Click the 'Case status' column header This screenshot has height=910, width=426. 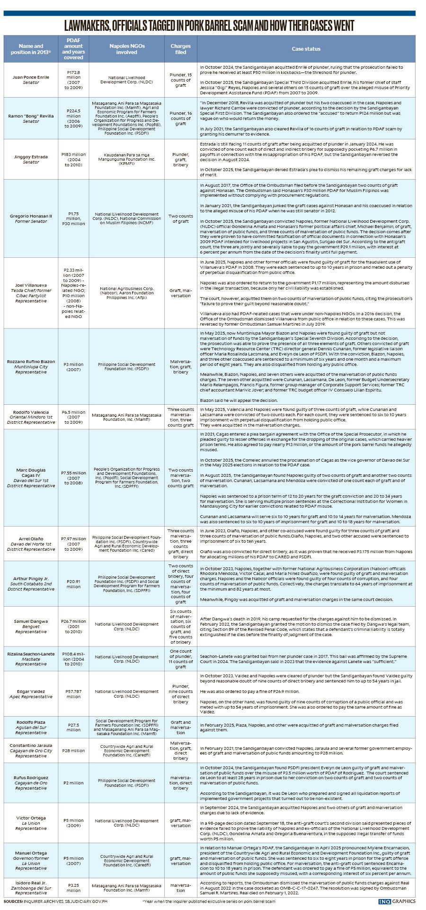(306, 49)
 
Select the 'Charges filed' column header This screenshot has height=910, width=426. (180, 49)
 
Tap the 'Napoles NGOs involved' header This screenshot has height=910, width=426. (127, 49)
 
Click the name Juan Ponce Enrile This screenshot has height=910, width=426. (31, 77)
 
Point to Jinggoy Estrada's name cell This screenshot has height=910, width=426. (31, 159)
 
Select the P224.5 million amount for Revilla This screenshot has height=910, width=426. (73, 118)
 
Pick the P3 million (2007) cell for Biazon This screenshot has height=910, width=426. (73, 366)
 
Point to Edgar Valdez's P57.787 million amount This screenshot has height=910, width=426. (73, 694)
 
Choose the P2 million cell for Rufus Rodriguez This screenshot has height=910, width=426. (73, 783)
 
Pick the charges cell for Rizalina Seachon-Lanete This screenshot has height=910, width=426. (180, 659)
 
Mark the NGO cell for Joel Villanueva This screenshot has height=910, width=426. (127, 293)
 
